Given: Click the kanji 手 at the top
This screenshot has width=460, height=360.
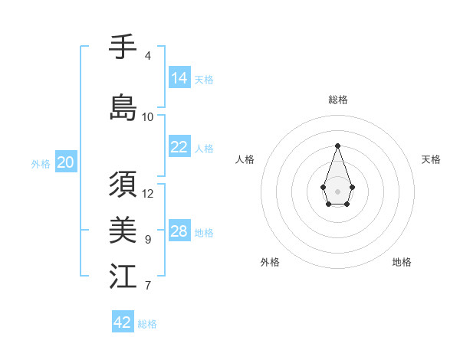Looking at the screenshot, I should [123, 48].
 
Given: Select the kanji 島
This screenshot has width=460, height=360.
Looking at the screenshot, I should [123, 107].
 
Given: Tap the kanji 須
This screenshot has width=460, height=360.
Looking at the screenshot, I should [123, 185].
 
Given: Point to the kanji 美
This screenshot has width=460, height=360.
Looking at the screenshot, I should [123, 230].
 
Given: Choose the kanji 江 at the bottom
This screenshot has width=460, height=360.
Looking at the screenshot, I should [123, 276].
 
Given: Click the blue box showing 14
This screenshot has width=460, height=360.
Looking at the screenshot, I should [179, 78].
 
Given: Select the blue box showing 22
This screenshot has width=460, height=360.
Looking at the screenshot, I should [179, 147].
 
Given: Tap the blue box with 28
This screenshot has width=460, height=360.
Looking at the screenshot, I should [179, 231].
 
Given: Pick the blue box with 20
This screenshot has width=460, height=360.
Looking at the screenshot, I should [66, 162].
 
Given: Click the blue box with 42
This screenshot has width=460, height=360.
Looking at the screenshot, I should [123, 322].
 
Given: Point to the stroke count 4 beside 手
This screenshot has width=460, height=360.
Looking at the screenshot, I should [147, 56].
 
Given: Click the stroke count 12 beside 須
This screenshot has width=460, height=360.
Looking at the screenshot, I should [148, 194].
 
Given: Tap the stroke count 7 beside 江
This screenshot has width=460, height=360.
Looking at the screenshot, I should [147, 286].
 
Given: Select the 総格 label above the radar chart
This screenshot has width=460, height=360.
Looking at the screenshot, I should [337, 100].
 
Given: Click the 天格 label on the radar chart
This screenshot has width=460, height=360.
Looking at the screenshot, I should [431, 159].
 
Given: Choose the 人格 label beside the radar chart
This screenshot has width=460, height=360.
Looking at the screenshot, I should [245, 159].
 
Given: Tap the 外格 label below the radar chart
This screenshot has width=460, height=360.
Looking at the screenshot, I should [270, 262].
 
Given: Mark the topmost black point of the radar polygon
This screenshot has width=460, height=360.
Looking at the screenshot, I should [337, 146].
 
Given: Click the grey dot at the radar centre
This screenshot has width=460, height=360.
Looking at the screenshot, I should [337, 190].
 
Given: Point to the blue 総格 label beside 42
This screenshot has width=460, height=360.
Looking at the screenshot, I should [147, 324].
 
